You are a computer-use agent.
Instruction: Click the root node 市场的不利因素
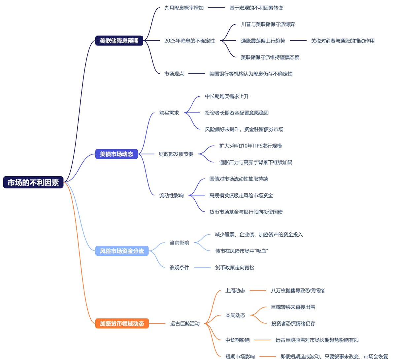pyautogui.click(x=33, y=182)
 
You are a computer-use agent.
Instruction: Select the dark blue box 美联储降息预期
pyautogui.click(x=119, y=41)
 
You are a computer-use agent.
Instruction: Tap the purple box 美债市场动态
pyautogui.click(x=116, y=154)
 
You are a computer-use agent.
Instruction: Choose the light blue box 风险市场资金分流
pyautogui.click(x=122, y=251)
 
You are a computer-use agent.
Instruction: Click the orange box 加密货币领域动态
pyautogui.click(x=122, y=323)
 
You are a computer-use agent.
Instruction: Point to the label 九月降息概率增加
pyautogui.click(x=184, y=8)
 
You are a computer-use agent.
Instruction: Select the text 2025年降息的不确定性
pyautogui.click(x=189, y=41)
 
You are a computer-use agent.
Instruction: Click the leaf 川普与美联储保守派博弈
pyautogui.click(x=268, y=24)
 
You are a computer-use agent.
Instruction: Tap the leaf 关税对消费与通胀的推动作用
pyautogui.click(x=343, y=41)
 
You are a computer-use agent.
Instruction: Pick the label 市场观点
pyautogui.click(x=174, y=74)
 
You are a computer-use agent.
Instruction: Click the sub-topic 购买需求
pyautogui.click(x=169, y=113)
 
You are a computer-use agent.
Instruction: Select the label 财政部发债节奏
pyautogui.click(x=176, y=154)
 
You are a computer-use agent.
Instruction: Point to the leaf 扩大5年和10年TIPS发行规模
pyautogui.click(x=250, y=146)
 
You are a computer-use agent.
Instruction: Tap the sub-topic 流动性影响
pyautogui.click(x=171, y=195)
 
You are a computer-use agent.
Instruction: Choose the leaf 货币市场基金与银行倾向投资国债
pyautogui.click(x=246, y=212)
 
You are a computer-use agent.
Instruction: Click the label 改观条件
pyautogui.click(x=180, y=267)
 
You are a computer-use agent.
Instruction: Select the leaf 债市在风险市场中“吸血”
pyautogui.click(x=242, y=251)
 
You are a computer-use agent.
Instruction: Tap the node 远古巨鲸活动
pyautogui.click(x=185, y=323)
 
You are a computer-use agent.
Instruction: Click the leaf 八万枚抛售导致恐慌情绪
pyautogui.click(x=298, y=290)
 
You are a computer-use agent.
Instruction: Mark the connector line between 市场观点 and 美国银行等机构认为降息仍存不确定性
pyautogui.click(x=197, y=74)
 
